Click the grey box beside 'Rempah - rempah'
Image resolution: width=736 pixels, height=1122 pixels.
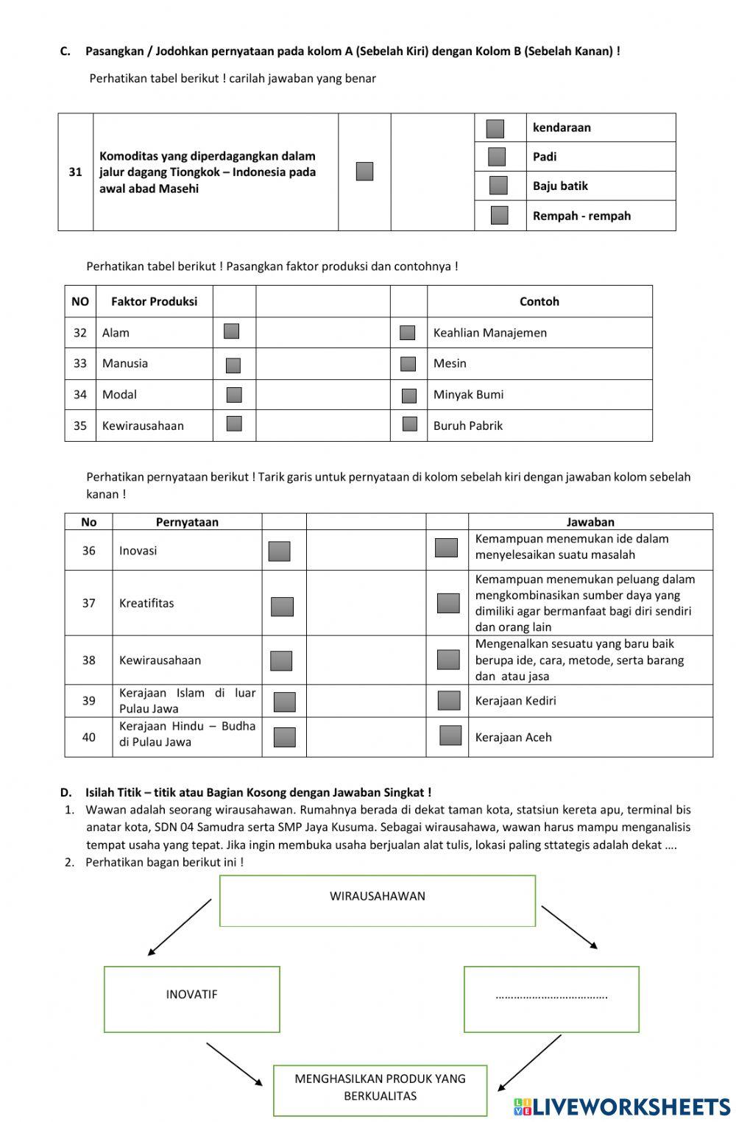[x=499, y=215]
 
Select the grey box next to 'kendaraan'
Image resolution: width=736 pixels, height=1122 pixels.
[x=495, y=129]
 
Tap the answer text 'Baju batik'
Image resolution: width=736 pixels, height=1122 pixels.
[x=560, y=186]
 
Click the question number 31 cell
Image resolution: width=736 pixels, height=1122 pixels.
[x=75, y=172]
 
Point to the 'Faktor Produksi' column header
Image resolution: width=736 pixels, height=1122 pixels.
[x=154, y=301]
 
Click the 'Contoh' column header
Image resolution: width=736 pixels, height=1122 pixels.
[x=539, y=301]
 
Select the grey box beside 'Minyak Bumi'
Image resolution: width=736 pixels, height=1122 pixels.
[x=409, y=396]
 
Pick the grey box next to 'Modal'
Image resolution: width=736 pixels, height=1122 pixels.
[x=234, y=395]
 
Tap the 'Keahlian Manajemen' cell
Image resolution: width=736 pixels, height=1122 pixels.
[x=489, y=333]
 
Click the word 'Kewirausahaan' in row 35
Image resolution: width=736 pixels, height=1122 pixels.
[x=143, y=426]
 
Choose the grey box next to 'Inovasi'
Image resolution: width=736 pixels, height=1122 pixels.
[x=279, y=551]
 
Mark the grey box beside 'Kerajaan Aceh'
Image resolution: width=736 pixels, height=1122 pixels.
[x=450, y=735]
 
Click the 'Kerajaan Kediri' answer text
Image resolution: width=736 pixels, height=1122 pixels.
[x=515, y=701]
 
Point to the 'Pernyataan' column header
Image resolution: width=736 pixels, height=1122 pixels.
[x=187, y=522]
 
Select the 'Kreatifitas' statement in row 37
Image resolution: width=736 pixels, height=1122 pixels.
[x=146, y=603]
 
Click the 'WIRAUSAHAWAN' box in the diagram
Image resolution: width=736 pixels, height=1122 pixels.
[x=377, y=900]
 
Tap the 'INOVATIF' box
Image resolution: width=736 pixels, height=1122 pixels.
[x=191, y=998]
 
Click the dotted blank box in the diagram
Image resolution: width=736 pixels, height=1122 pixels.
[x=551, y=998]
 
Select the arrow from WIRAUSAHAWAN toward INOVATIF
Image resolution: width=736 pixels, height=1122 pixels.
[x=180, y=928]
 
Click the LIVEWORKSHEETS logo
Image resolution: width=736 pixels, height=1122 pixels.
[x=622, y=1107]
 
